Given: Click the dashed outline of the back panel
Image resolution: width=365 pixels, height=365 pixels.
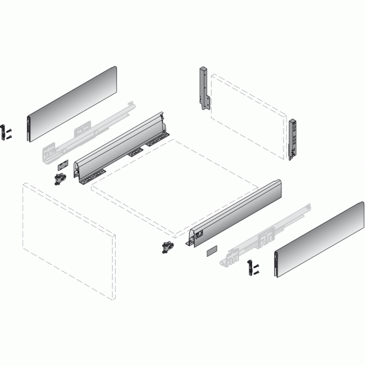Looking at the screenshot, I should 247,118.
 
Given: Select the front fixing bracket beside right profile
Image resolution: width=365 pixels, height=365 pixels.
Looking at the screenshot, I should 166,247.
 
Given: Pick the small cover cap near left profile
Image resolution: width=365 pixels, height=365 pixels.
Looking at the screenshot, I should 62,166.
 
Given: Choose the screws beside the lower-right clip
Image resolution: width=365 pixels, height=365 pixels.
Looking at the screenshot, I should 256,268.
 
